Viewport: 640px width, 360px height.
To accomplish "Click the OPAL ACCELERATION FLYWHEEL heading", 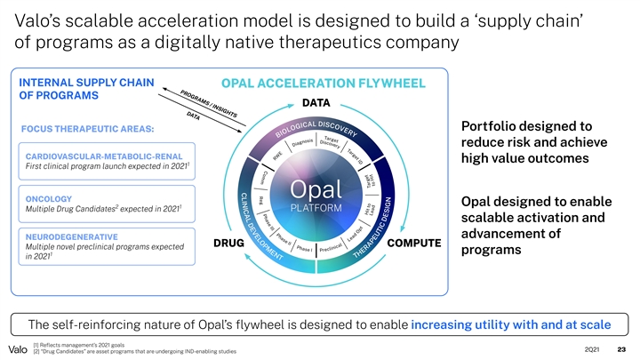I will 324,83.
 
